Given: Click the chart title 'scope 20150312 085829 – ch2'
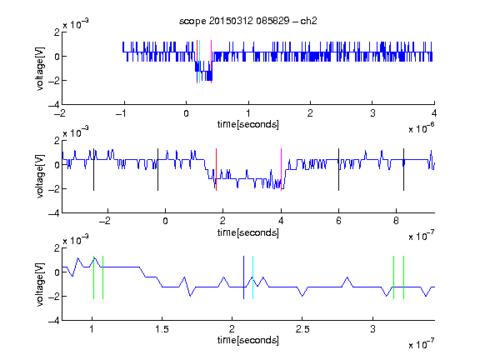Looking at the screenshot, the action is coord(248,21).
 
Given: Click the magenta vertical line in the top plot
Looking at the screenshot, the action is coord(211,62).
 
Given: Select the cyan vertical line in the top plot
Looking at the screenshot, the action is coord(200,62).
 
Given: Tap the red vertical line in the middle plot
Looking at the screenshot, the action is coord(216,170).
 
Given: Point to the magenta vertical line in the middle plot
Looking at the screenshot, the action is coord(281,170).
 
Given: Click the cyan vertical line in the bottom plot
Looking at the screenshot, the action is coord(252,277).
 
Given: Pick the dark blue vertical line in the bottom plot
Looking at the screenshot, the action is coord(243,277).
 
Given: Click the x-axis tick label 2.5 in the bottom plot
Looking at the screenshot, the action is coord(302,329).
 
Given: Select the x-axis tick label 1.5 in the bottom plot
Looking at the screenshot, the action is coord(162,329).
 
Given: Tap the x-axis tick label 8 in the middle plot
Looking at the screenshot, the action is coord(396,221).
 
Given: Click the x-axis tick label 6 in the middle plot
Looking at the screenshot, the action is coord(338,221).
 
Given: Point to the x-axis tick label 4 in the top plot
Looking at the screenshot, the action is coord(434,113).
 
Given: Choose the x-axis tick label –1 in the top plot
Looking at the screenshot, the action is coord(121,113).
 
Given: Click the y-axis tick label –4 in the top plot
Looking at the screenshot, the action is coord(54,105).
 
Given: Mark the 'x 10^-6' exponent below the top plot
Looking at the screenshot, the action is coord(422,128).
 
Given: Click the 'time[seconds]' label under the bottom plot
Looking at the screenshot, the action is coord(248,340).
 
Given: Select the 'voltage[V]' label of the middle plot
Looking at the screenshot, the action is coord(40,177).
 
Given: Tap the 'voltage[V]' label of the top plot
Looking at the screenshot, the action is coord(40,68).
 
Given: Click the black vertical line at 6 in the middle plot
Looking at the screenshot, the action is coord(338,170).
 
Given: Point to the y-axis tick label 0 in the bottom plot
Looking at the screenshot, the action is coord(57,272).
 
